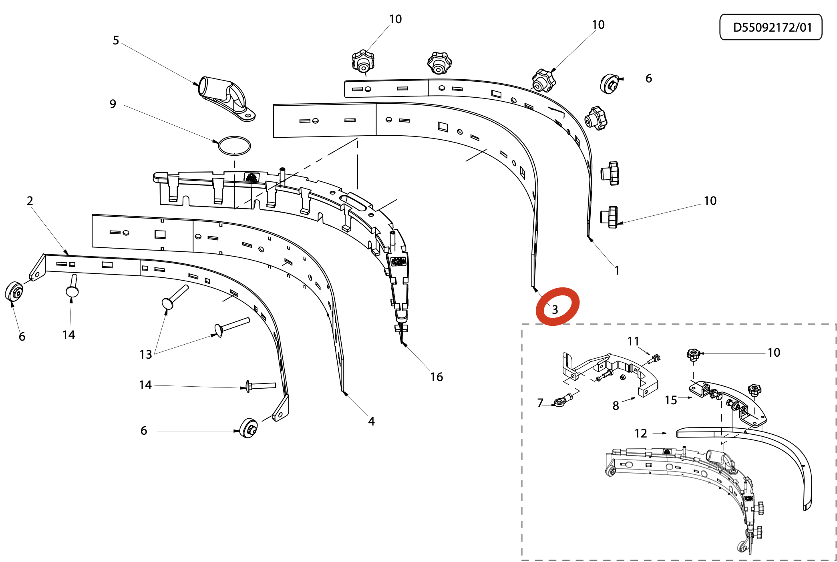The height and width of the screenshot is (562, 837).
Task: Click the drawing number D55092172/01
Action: (x=772, y=27)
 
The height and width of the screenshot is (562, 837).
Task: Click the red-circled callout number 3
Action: (x=555, y=309)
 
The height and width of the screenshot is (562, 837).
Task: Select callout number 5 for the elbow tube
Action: (x=116, y=40)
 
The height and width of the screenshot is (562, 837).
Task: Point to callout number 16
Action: (x=437, y=377)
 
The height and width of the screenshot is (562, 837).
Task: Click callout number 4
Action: (x=371, y=421)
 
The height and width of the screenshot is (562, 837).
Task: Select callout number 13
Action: (x=146, y=354)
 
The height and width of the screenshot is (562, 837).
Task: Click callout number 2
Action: (x=30, y=201)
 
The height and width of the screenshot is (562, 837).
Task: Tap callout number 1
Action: (x=617, y=271)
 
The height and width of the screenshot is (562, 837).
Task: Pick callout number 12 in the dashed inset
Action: (x=641, y=433)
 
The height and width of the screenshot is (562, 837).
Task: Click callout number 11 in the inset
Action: (x=633, y=341)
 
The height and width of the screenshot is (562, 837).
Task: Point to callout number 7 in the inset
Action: (x=540, y=403)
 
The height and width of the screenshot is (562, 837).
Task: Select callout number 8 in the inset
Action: (x=616, y=405)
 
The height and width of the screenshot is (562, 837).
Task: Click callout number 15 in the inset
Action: (x=671, y=400)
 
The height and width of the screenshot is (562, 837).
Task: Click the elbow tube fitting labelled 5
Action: (x=226, y=99)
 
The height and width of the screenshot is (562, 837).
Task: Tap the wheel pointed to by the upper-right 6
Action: (x=610, y=84)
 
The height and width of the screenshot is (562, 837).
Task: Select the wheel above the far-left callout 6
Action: (x=14, y=291)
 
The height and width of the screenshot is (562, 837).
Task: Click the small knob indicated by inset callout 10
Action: (x=693, y=355)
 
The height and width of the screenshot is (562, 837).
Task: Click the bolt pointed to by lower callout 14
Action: (x=261, y=386)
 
